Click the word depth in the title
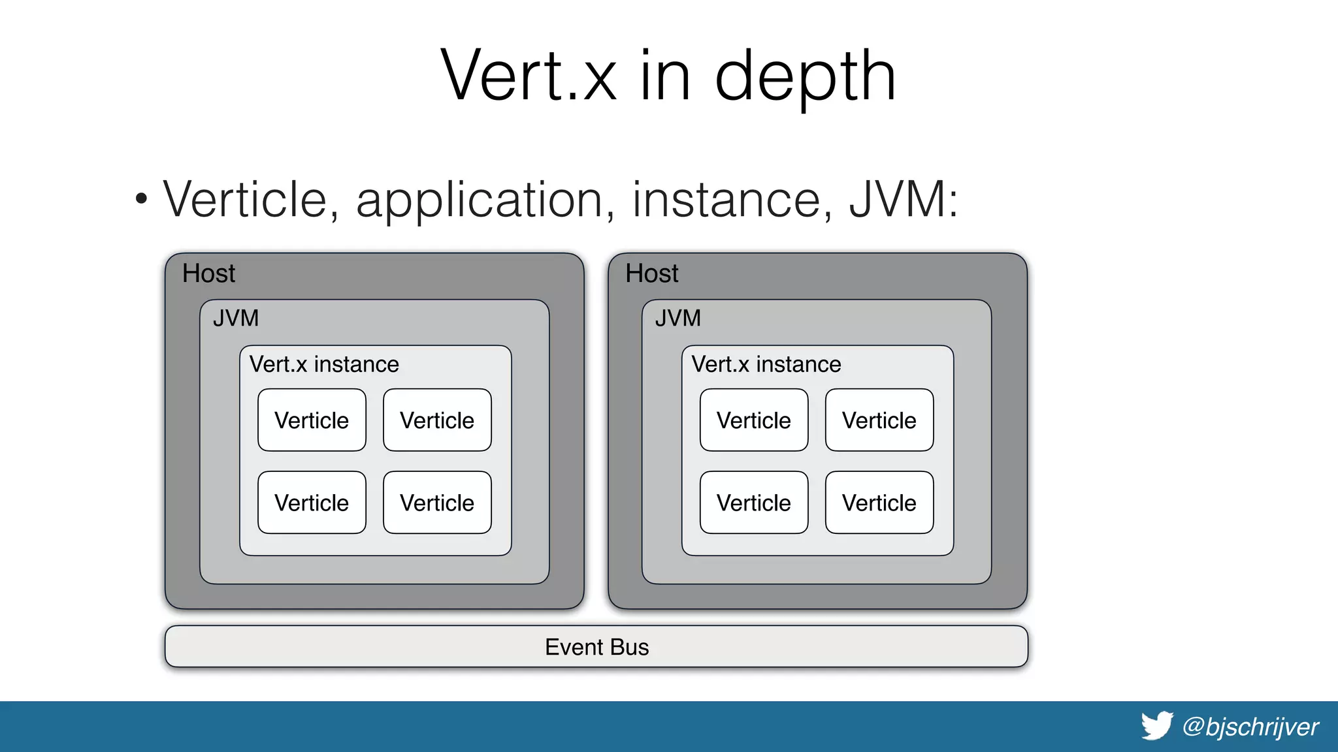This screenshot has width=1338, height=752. (805, 77)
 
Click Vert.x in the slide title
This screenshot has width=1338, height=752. (528, 77)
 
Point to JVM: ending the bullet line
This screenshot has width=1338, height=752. (903, 199)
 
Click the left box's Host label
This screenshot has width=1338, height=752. (208, 274)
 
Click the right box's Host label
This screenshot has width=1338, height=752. (651, 274)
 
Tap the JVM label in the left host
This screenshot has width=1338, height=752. (236, 319)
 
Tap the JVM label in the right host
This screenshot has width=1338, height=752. (678, 319)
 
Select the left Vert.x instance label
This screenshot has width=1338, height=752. (324, 364)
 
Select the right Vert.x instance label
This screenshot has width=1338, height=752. (766, 364)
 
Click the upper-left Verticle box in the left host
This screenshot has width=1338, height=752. (312, 420)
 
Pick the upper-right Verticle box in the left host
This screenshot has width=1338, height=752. (437, 420)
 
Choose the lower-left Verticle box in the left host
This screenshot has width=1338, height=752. (312, 503)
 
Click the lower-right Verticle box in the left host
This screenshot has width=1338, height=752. (437, 503)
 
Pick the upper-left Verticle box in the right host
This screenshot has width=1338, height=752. (754, 420)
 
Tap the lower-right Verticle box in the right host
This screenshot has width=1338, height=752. (879, 503)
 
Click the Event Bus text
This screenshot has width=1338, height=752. (596, 647)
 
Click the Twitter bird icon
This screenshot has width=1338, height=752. (1157, 726)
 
